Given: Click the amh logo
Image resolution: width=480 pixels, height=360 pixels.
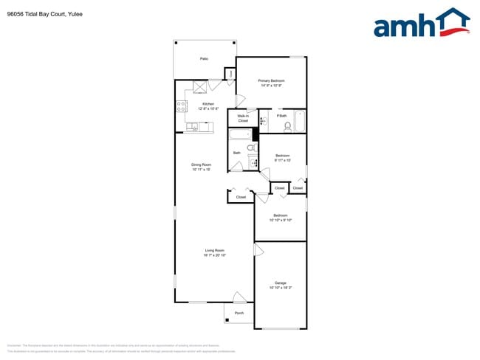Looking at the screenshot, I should (x=421, y=24).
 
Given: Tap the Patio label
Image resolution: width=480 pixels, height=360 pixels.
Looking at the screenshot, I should (x=204, y=58).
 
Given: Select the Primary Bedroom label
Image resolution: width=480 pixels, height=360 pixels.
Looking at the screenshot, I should (x=271, y=80).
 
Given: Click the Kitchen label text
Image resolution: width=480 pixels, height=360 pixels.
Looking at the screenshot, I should (x=208, y=105).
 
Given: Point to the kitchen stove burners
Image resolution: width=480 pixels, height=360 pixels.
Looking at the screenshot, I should (x=181, y=106).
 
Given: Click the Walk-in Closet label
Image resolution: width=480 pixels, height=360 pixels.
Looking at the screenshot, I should (x=242, y=118).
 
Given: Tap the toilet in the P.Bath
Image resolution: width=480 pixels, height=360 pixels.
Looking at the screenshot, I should (x=288, y=127).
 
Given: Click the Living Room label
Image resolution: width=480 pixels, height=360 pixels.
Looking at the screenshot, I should (x=215, y=251).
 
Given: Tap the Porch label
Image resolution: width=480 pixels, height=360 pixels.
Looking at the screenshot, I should (x=239, y=314).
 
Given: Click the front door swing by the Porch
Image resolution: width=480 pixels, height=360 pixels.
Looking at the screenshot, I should (x=239, y=297).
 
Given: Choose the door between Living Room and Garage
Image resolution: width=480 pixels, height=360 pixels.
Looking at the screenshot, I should (x=258, y=250).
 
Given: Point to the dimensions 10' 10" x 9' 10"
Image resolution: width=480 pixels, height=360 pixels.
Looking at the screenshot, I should (x=281, y=220).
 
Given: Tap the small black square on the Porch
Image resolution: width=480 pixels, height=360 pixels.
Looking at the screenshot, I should (x=226, y=320).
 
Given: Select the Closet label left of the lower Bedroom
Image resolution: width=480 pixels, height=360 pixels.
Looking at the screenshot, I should (x=241, y=197).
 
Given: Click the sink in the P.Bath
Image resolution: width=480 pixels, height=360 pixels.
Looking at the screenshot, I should (x=265, y=121).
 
